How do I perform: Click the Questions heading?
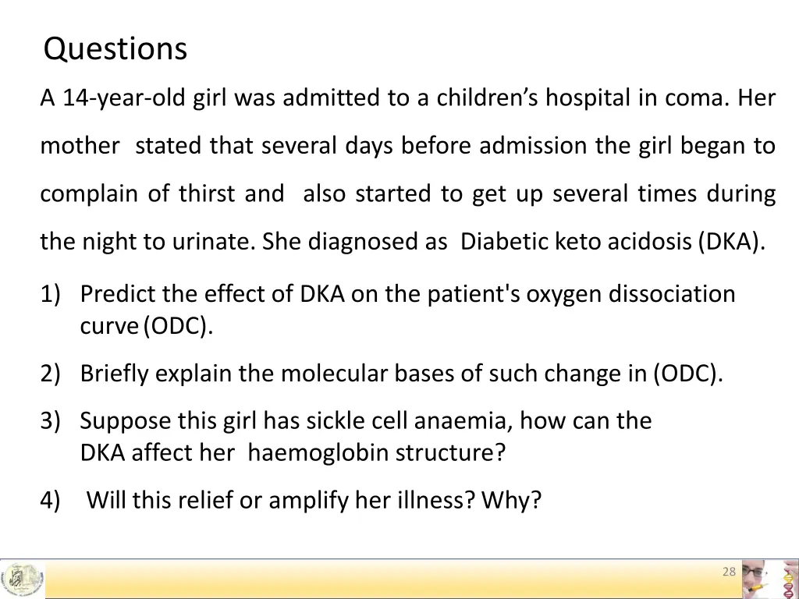click(115, 49)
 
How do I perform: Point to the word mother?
click(80, 146)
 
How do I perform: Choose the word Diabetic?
click(505, 242)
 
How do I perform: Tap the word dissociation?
click(672, 294)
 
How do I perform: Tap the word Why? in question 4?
click(511, 501)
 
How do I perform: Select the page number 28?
click(729, 572)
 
